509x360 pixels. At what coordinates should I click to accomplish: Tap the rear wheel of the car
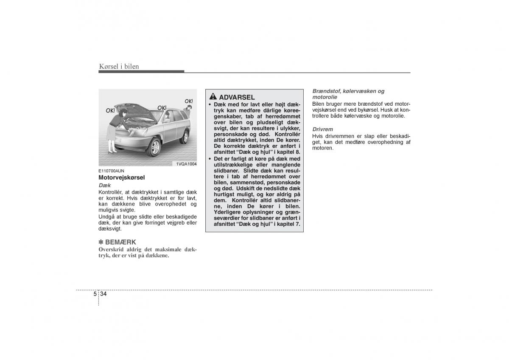coord(185,137)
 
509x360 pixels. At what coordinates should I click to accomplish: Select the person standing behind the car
coord(189,111)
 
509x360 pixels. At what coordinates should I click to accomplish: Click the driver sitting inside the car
coord(167,116)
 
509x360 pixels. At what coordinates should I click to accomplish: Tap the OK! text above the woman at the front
coord(110,110)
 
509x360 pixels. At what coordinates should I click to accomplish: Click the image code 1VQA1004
coord(186,163)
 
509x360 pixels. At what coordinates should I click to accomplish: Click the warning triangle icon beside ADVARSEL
coord(213,97)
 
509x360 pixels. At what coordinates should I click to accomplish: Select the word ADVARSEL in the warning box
coord(237,97)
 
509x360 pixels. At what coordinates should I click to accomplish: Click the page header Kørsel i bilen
coord(119,66)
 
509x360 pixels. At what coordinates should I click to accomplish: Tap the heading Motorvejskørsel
coord(122,177)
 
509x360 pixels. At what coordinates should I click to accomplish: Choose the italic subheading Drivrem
coord(322,129)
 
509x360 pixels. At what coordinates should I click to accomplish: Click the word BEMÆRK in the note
coord(120,242)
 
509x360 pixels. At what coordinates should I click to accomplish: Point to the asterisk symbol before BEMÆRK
coord(101,242)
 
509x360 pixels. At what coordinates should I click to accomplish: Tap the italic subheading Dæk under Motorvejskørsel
coord(104,186)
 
